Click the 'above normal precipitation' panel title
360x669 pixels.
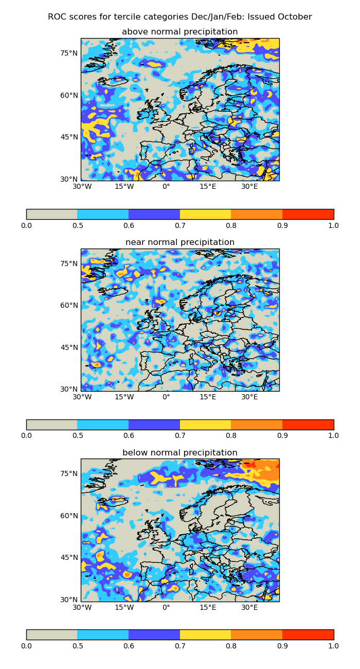pos(179,32)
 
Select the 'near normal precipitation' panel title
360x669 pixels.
pos(179,242)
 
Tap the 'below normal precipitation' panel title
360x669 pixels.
pos(179,453)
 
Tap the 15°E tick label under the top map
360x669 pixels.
pos(208,187)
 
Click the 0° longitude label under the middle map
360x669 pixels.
pos(166,397)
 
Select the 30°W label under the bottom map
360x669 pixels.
pos(82,608)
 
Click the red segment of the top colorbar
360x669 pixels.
pos(308,214)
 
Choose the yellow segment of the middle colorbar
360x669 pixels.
pos(205,425)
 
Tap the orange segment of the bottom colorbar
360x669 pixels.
pos(257,635)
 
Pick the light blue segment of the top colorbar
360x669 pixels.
pos(103,214)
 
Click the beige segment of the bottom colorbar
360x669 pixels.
pos(51,635)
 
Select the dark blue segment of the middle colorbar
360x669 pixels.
pos(154,425)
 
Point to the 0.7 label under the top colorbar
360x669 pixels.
pos(180,225)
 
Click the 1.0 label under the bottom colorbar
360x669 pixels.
pos(333,645)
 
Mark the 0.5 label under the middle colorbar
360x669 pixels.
pos(77,435)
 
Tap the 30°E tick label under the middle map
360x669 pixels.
pos(249,397)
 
